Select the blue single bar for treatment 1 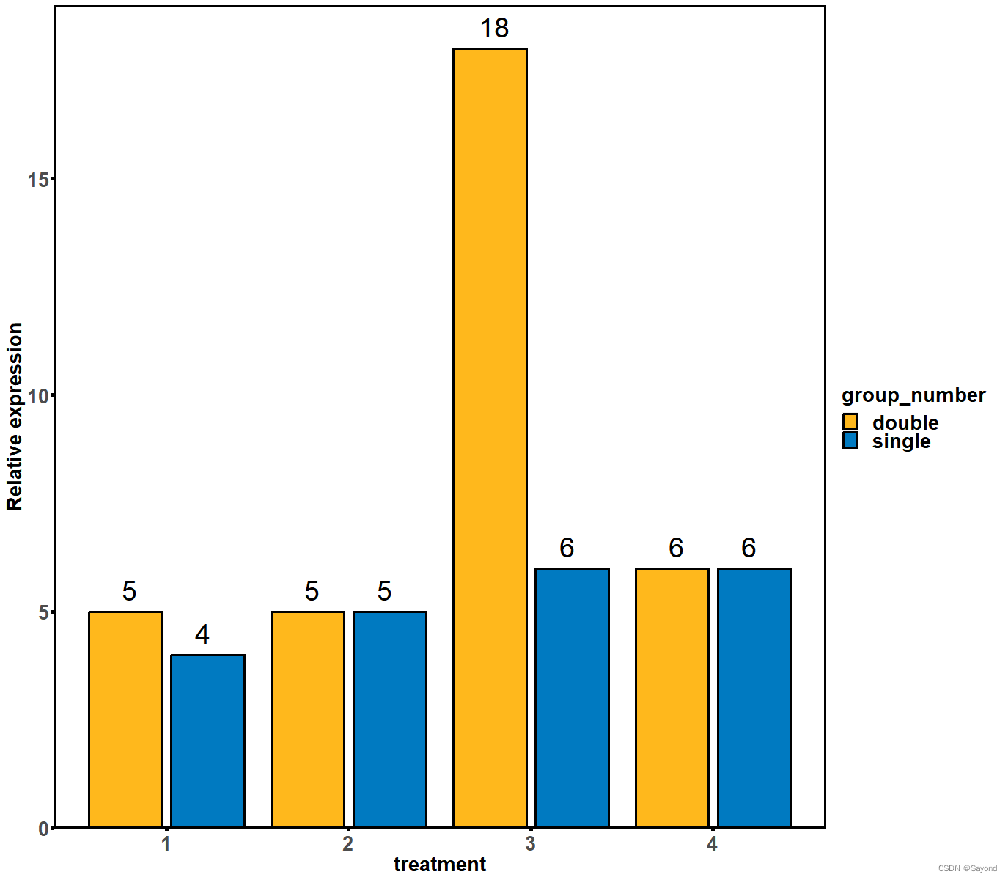pyautogui.click(x=207, y=741)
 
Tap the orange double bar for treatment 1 pyautogui.click(x=125, y=719)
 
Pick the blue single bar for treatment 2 pyautogui.click(x=390, y=719)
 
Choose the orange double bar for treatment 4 pyautogui.click(x=672, y=697)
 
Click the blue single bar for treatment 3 pyautogui.click(x=572, y=697)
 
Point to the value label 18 pyautogui.click(x=494, y=29)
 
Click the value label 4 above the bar pyautogui.click(x=202, y=635)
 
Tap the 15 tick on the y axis pyautogui.click(x=37, y=180)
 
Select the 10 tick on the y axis pyautogui.click(x=37, y=396)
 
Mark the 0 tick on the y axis pyautogui.click(x=43, y=829)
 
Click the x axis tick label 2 pyautogui.click(x=347, y=844)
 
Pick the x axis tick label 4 pyautogui.click(x=712, y=844)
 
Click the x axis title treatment pyautogui.click(x=439, y=865)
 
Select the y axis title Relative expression pyautogui.click(x=15, y=417)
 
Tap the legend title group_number pyautogui.click(x=913, y=395)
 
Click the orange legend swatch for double pyautogui.click(x=850, y=422)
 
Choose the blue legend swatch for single pyautogui.click(x=850, y=441)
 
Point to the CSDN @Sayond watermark pyautogui.click(x=967, y=868)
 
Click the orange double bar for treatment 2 pyautogui.click(x=308, y=719)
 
